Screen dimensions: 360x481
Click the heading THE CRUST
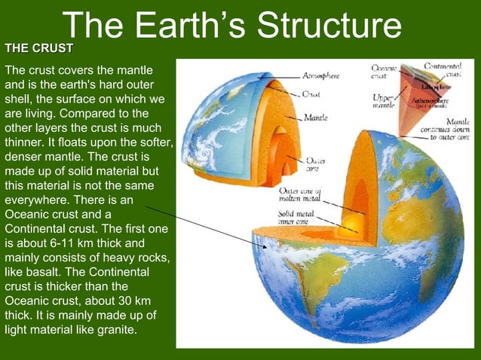tap(39, 48)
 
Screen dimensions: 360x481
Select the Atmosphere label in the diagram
tap(320, 76)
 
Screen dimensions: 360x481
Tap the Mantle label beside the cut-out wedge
tap(314, 117)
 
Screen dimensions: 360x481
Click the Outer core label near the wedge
tap(315, 164)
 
